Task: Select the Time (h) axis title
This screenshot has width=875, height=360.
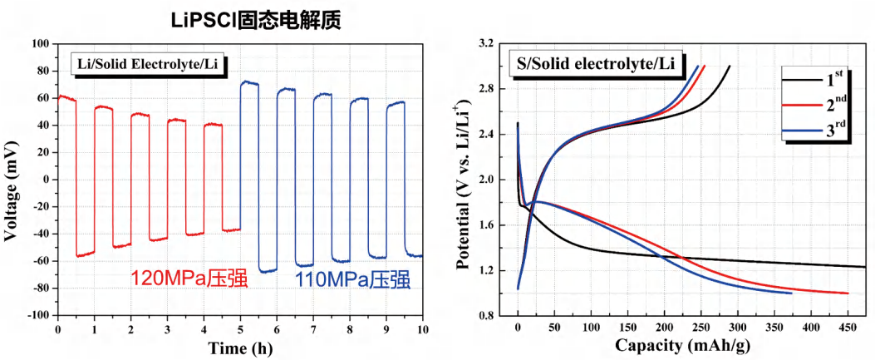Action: pos(239,347)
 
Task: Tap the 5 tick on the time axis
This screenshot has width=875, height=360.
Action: pos(240,329)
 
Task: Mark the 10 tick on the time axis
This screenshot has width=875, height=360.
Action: pos(422,329)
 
